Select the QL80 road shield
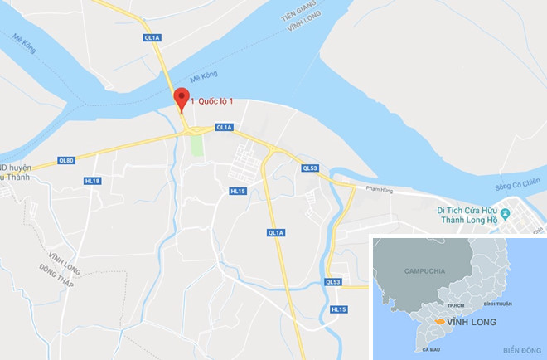66,160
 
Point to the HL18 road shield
92,180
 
